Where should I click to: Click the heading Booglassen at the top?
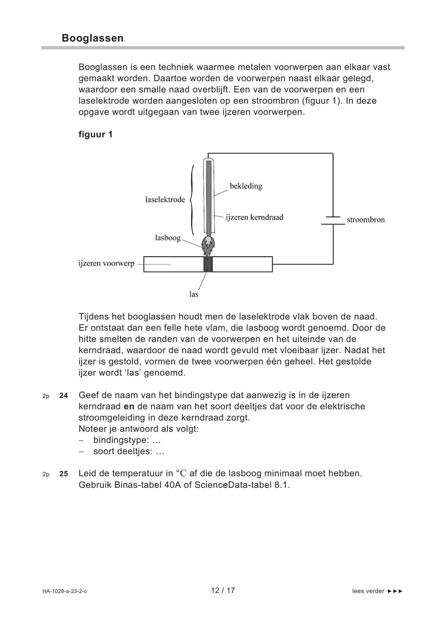[x=92, y=38]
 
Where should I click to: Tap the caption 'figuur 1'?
[x=95, y=134]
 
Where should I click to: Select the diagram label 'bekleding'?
[x=246, y=186]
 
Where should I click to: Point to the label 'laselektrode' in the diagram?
[x=165, y=200]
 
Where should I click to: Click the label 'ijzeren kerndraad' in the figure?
[x=255, y=217]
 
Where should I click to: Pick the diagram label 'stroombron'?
[x=365, y=220]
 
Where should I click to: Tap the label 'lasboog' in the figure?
[x=168, y=238]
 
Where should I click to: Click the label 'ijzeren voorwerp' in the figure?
[x=106, y=263]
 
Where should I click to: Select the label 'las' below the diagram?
[x=194, y=294]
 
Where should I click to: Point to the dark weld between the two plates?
[x=208, y=264]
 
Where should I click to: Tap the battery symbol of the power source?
[x=333, y=220]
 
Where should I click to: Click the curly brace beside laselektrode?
[x=192, y=200]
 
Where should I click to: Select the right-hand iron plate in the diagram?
[x=242, y=264]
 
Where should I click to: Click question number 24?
[x=64, y=396]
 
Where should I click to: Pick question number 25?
[x=64, y=474]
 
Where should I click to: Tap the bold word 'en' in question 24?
[x=129, y=406]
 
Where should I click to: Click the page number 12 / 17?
[x=223, y=590]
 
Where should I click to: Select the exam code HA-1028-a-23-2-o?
[x=64, y=591]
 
